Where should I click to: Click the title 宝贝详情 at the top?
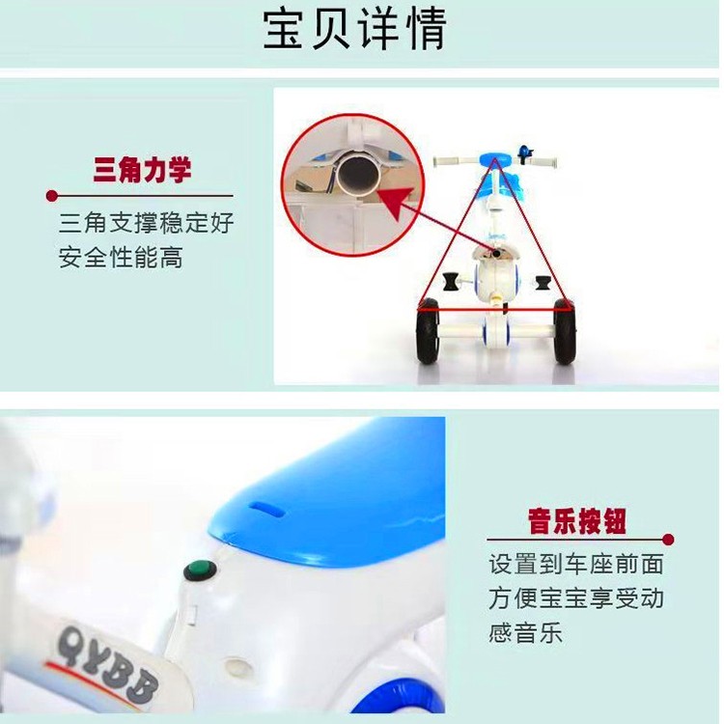click(x=354, y=29)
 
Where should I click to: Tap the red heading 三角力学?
click(x=142, y=170)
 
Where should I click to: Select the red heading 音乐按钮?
click(x=577, y=521)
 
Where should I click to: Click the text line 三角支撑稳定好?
click(x=147, y=224)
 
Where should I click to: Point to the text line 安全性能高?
click(x=121, y=258)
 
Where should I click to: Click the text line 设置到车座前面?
click(x=576, y=565)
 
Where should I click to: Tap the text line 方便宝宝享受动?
click(x=576, y=599)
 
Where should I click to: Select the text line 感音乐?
click(x=525, y=632)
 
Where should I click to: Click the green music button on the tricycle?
click(x=200, y=571)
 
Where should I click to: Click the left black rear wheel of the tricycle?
click(x=428, y=331)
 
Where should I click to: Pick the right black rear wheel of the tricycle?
click(x=564, y=331)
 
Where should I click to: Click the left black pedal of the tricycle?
click(x=450, y=282)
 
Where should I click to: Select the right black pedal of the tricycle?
click(x=543, y=283)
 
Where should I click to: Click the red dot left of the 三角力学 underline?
click(x=52, y=196)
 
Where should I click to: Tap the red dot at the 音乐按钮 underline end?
click(x=668, y=540)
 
